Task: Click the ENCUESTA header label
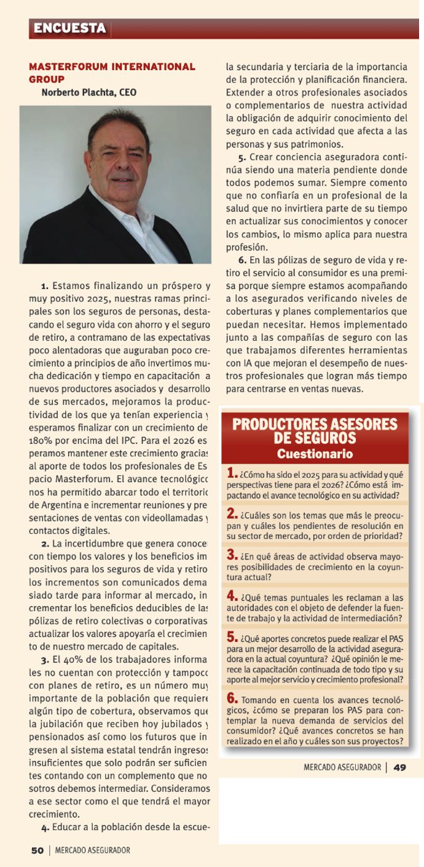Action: pos(69,28)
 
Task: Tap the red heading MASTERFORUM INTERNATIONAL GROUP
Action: pos(111,73)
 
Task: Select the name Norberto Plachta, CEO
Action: pos(88,93)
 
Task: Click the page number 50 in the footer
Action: pos(37,850)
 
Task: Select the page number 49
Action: pos(399,767)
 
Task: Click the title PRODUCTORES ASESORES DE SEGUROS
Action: pos(315,431)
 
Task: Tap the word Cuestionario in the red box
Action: pos(315,454)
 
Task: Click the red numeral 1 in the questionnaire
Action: pos(232,473)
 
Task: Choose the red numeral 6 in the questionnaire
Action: pos(232,698)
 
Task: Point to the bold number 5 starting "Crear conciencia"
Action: pos(242,157)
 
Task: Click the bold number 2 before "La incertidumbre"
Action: pos(45,544)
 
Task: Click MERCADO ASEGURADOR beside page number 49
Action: pos(342,767)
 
